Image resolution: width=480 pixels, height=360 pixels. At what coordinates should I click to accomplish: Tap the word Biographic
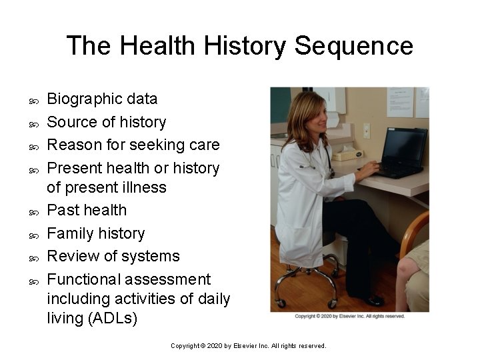click(85, 99)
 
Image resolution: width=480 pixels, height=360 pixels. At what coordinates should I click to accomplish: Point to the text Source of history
click(107, 122)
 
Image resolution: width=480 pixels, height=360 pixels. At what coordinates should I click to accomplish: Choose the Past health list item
click(87, 210)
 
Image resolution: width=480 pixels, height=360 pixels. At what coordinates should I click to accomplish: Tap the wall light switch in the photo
click(366, 131)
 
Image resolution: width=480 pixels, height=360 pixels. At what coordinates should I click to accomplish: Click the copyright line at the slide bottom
click(248, 346)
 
